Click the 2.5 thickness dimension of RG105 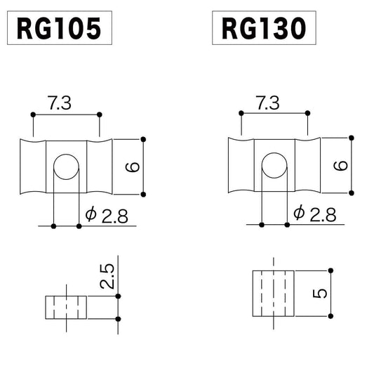(x=107, y=278)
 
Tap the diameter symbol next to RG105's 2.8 (x=90, y=214)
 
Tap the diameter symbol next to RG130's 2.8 (x=298, y=213)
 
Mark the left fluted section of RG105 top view (x=32, y=167)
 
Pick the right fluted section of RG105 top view (x=100, y=167)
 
